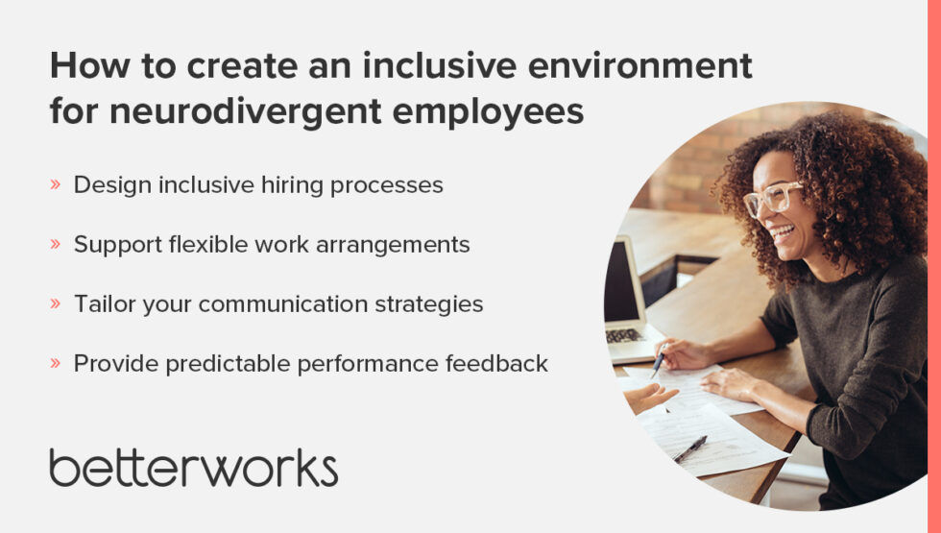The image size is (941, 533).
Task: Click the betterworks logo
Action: (193, 466)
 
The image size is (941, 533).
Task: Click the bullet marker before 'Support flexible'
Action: (55, 245)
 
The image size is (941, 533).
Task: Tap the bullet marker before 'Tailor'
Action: (55, 304)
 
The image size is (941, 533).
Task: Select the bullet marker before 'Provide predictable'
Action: (55, 364)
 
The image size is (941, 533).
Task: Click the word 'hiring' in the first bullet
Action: (292, 185)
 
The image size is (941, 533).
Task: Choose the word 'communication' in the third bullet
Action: (287, 304)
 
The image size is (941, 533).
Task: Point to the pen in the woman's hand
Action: (660, 359)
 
